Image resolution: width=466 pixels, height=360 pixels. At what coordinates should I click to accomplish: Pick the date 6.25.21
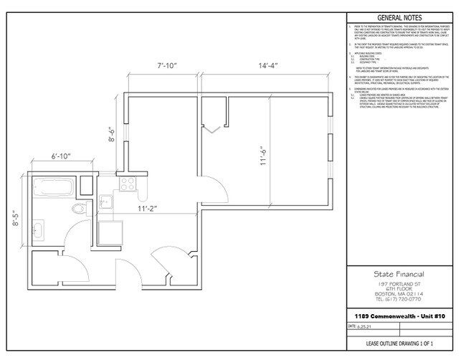[361, 325]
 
